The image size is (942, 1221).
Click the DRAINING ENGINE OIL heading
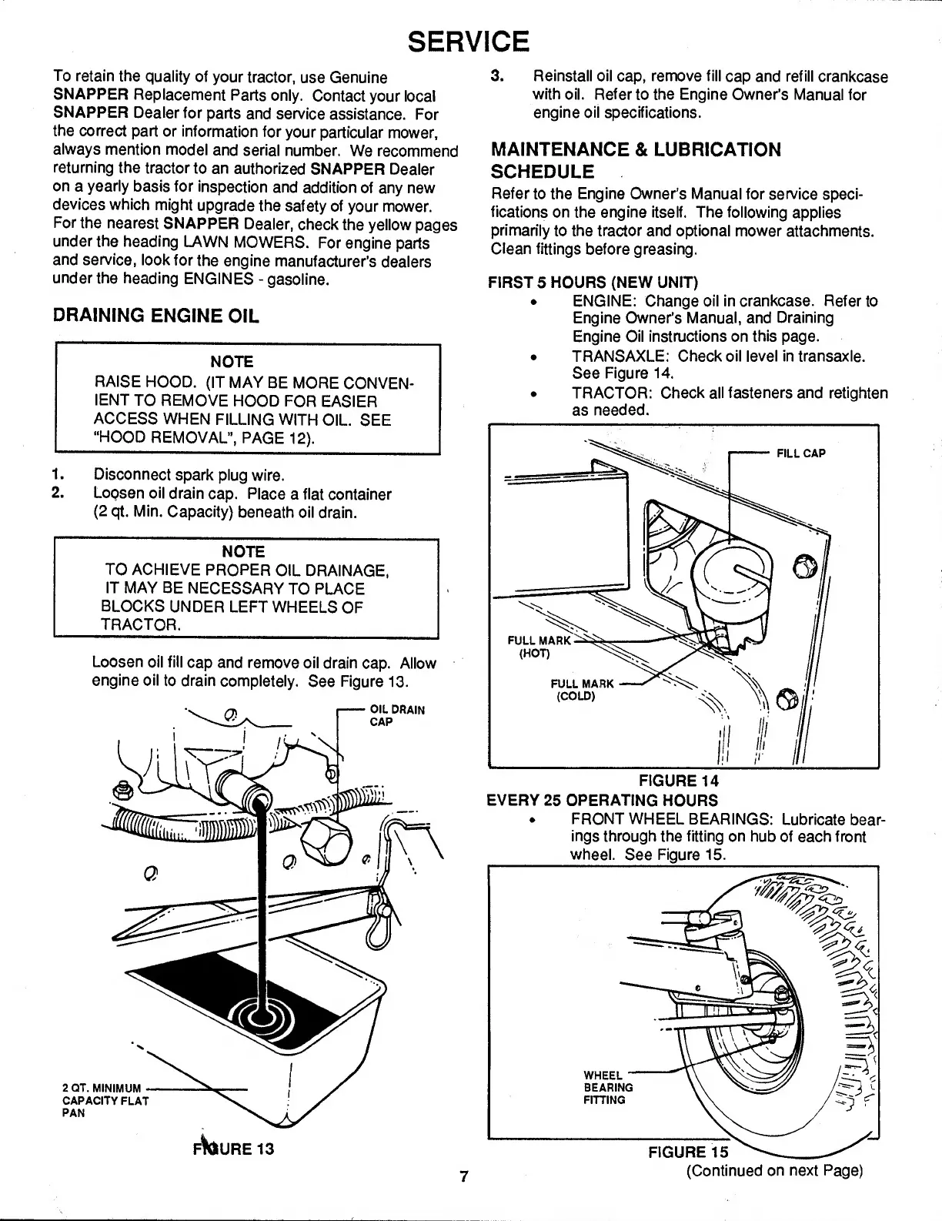coord(155,316)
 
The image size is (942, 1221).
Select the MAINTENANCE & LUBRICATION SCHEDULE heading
coord(635,159)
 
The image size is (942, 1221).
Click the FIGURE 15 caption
coord(687,1152)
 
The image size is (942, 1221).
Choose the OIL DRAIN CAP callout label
coord(392,715)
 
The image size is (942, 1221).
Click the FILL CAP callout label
coord(800,453)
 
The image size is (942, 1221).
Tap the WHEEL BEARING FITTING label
coord(608,1087)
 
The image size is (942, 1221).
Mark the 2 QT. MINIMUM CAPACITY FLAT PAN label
coord(104,1100)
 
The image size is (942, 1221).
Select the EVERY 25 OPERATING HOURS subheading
coord(603,800)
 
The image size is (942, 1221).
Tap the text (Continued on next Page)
coord(775,1171)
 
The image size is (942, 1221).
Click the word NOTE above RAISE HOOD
coord(232,361)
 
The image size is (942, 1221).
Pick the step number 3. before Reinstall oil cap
coord(497,77)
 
